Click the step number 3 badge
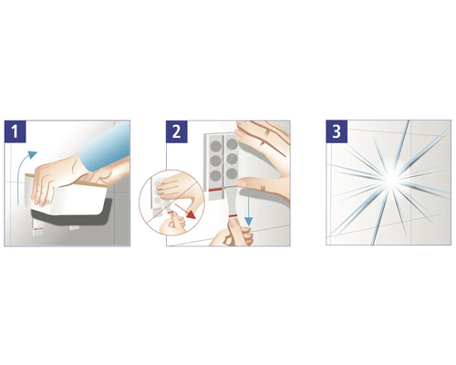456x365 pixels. pos(338,130)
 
